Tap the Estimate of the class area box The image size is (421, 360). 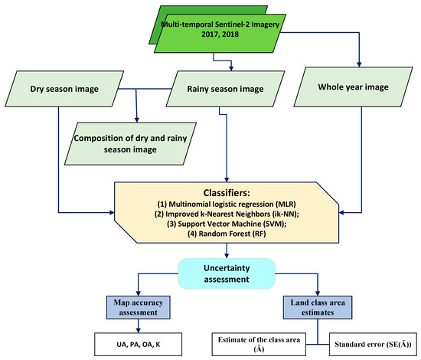point(264,342)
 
